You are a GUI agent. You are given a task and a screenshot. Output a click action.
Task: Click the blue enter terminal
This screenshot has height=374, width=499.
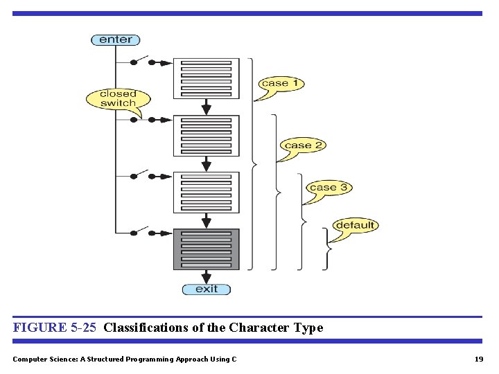click(116, 39)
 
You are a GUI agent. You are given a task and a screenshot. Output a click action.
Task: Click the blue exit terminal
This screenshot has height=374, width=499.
click(206, 289)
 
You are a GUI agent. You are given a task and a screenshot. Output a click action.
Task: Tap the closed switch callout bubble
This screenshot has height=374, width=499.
click(118, 98)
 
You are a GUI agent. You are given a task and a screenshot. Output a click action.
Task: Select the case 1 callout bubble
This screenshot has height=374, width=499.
click(281, 83)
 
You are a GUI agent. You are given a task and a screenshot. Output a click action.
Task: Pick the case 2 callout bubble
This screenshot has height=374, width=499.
click(303, 145)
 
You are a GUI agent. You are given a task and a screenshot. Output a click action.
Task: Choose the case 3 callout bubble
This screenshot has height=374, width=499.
click(328, 188)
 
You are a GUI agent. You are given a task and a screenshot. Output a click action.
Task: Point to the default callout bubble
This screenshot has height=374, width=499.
click(355, 225)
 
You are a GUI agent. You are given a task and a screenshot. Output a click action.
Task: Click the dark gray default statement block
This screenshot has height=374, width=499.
click(206, 249)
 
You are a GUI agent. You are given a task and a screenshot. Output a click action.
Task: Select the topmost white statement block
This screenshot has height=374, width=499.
click(206, 78)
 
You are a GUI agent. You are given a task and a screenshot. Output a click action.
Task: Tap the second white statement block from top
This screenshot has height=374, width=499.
click(206, 135)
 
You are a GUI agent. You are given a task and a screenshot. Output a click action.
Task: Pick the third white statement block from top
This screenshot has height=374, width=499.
click(206, 192)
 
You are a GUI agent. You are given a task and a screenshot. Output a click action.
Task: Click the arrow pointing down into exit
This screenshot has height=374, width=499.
click(206, 276)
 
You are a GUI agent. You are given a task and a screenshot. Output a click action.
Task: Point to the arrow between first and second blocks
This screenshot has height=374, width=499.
click(206, 107)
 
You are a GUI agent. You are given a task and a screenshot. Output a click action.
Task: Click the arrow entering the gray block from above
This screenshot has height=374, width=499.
click(206, 221)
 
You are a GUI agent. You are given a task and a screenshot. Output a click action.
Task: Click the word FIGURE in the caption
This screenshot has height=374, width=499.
click(39, 328)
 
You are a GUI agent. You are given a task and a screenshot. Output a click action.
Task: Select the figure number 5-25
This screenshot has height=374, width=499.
click(83, 328)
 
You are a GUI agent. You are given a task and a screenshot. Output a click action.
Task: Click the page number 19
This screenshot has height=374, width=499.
click(478, 359)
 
